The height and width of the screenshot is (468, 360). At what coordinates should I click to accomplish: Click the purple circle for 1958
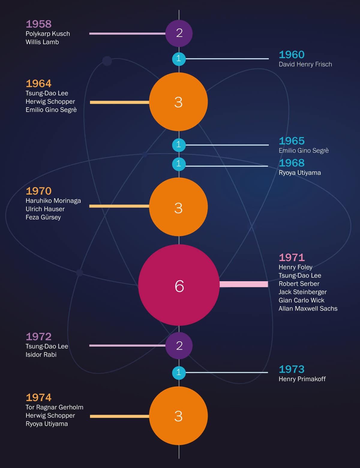[179, 33]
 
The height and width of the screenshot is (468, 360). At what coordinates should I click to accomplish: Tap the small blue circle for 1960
[179, 58]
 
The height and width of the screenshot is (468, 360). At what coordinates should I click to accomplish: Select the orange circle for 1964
[178, 102]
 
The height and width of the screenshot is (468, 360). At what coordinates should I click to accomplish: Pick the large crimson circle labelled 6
[179, 285]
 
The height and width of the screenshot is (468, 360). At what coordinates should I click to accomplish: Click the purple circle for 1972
[179, 345]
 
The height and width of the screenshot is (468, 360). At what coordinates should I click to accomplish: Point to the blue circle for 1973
[179, 372]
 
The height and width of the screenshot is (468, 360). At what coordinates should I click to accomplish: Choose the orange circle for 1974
[178, 416]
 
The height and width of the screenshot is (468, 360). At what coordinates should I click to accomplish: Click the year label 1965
[292, 141]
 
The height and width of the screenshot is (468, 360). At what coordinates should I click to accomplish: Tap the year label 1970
[39, 191]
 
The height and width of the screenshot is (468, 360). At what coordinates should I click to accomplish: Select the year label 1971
[292, 257]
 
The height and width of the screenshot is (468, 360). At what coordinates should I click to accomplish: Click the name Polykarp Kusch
[48, 34]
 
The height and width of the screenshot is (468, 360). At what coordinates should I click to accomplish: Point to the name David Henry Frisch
[305, 64]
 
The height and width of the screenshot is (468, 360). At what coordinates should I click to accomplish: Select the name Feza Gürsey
[43, 217]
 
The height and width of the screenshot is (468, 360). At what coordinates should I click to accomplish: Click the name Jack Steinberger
[302, 292]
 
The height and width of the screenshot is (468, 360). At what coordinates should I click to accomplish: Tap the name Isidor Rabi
[41, 354]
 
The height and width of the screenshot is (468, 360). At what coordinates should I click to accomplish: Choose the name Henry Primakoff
[302, 379]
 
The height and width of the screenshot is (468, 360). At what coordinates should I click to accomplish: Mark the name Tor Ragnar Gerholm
[54, 407]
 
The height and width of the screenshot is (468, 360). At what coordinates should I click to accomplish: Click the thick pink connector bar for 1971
[244, 284]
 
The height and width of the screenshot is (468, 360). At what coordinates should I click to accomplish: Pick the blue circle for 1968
[179, 164]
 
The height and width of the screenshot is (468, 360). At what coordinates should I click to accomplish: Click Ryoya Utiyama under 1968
[300, 173]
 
